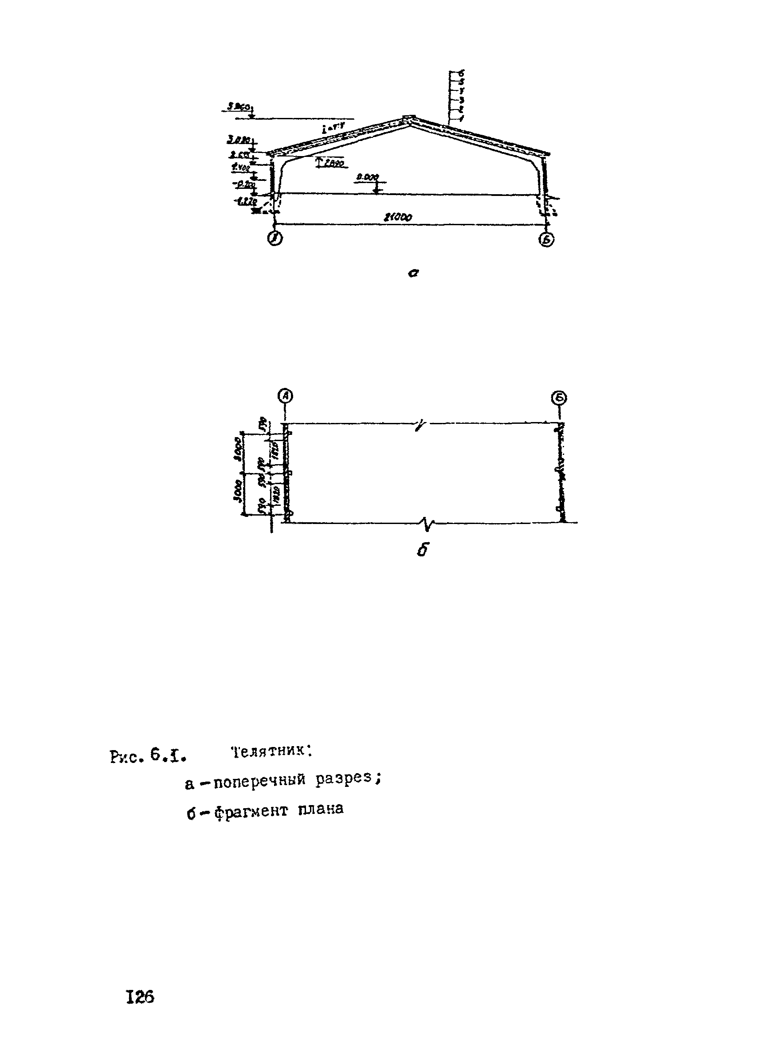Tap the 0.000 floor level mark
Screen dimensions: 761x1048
pyautogui.click(x=368, y=176)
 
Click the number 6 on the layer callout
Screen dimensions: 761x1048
pyautogui.click(x=461, y=73)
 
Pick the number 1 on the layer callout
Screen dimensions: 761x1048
pyautogui.click(x=461, y=118)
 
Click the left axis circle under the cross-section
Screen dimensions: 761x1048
pyautogui.click(x=275, y=239)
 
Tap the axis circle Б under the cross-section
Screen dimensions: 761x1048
pyautogui.click(x=547, y=239)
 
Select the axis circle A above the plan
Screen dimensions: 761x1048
pyautogui.click(x=286, y=396)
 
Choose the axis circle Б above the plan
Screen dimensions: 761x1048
pyautogui.click(x=559, y=397)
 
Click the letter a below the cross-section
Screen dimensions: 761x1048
pyautogui.click(x=413, y=274)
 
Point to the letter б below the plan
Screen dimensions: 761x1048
pyautogui.click(x=422, y=550)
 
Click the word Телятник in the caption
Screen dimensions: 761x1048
pyautogui.click(x=271, y=752)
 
